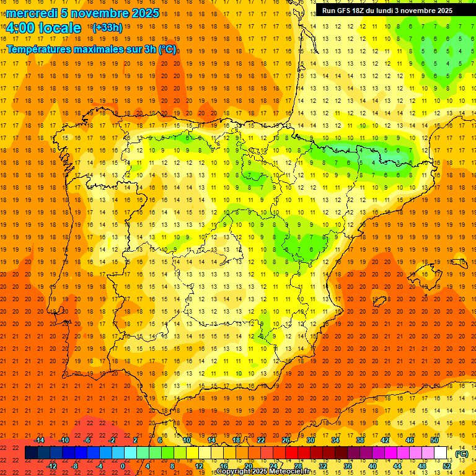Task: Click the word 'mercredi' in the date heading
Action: pos(32,13)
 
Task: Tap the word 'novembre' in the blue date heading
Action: pos(95,13)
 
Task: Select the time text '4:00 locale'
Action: pos(43,28)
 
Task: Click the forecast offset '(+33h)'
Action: pos(107,27)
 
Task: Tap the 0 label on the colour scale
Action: pos(123,465)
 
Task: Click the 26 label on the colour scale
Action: pos(286,440)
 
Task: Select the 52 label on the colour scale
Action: pos(447,465)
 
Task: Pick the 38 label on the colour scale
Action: pos(359,440)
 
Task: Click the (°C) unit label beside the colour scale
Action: pos(462,453)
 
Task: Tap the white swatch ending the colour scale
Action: pos(440,453)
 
